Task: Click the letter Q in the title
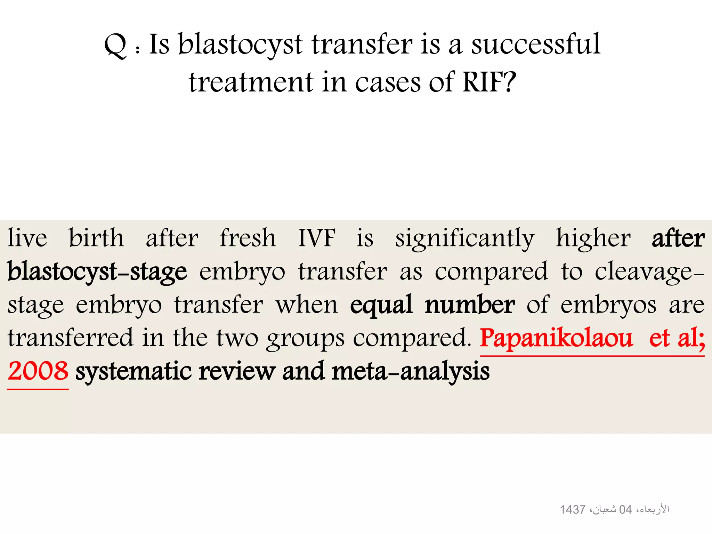coord(115,46)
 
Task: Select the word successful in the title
coord(536,44)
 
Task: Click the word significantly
coord(465,238)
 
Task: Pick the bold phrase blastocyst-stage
coord(97,272)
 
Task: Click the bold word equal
coord(381,305)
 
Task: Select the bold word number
coord(470,305)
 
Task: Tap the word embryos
coord(608,305)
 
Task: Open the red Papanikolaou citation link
coord(556,338)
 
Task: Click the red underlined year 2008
coord(38,371)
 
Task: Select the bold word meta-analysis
coord(411,372)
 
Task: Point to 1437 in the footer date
coord(572,510)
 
